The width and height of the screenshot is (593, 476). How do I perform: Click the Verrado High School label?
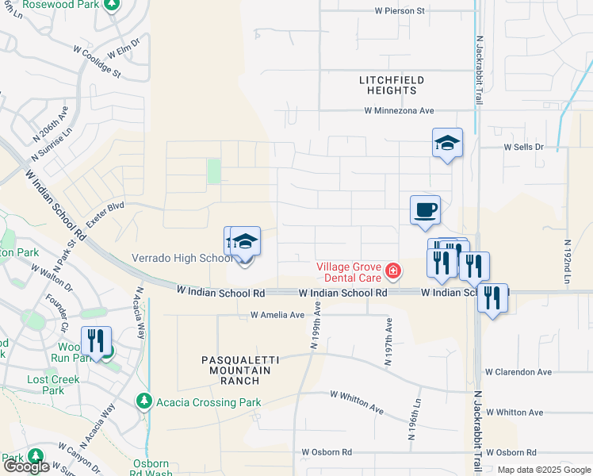coord(182,258)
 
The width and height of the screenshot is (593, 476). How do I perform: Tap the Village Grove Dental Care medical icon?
coord(392,272)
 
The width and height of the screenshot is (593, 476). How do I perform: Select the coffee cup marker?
coord(426,209)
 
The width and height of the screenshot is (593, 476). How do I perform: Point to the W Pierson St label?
coord(400,11)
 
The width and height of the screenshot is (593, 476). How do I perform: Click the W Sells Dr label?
coord(524,148)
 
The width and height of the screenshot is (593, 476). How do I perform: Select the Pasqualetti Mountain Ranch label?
coord(240,370)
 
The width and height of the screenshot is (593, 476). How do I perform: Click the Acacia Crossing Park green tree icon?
coord(143,402)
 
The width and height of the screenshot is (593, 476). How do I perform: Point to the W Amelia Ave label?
coord(277,315)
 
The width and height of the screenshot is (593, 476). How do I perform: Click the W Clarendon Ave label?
coord(518,371)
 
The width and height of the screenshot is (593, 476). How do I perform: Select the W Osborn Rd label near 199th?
coord(326,452)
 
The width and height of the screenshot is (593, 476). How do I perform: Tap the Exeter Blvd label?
coord(105,216)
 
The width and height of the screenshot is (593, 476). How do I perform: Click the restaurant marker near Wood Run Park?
coord(96,341)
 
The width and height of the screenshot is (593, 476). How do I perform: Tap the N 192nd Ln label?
coord(568,262)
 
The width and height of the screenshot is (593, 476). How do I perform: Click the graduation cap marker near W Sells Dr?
coord(447,143)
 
